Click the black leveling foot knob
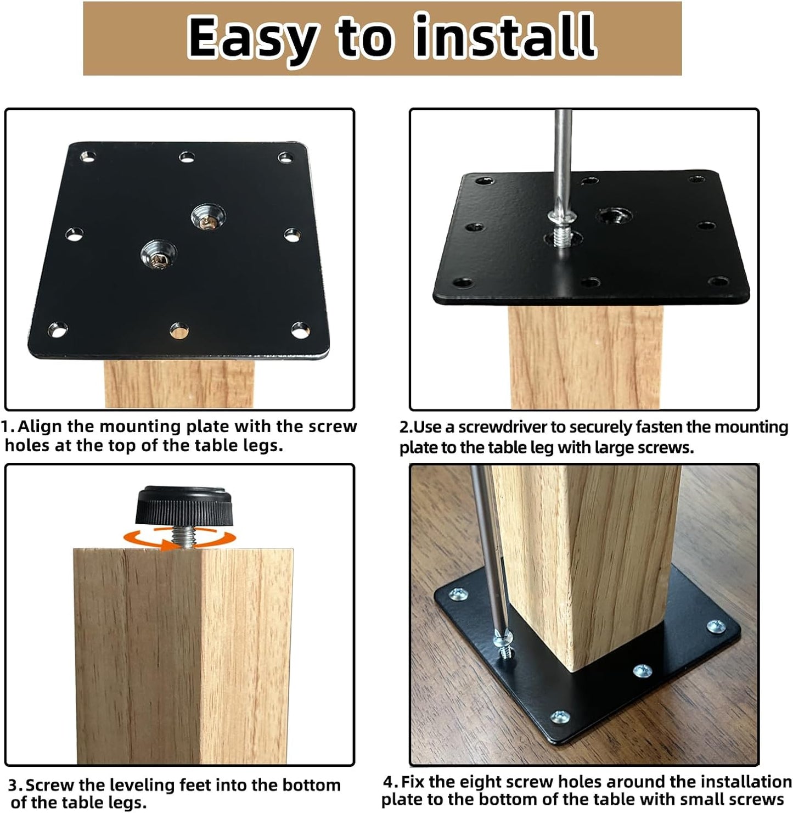(x=184, y=505)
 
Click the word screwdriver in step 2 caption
(x=503, y=427)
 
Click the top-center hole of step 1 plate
(x=187, y=157)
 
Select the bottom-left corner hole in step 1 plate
(x=57, y=329)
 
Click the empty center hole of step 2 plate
(x=614, y=216)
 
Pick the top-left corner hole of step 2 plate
(x=484, y=181)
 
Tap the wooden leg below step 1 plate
(x=179, y=384)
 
